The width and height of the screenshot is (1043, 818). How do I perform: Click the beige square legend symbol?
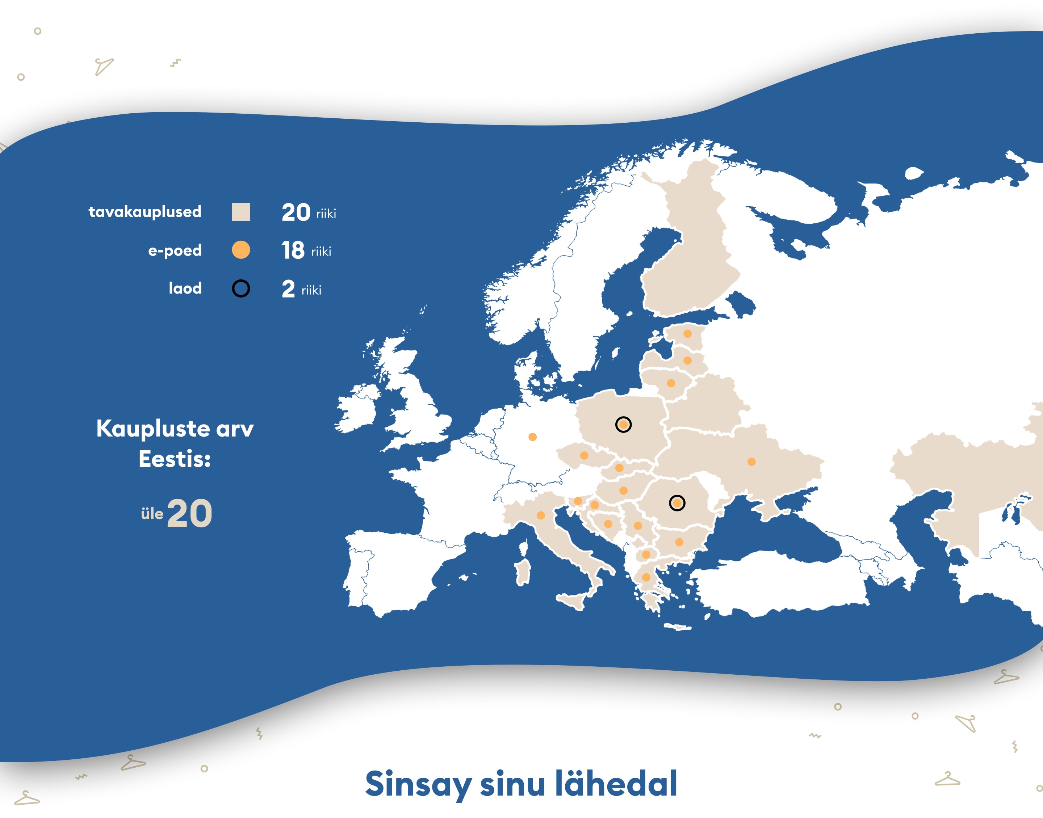pyautogui.click(x=240, y=212)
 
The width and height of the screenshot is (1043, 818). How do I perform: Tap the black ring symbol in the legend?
pyautogui.click(x=240, y=288)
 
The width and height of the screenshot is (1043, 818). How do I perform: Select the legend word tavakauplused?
pyautogui.click(x=145, y=212)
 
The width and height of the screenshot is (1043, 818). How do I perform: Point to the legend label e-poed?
pyautogui.click(x=175, y=250)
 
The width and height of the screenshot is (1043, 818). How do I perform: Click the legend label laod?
pyautogui.click(x=185, y=288)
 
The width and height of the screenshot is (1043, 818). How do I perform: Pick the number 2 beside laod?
pyautogui.click(x=288, y=289)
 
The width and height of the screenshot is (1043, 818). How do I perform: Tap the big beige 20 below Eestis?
pyautogui.click(x=190, y=513)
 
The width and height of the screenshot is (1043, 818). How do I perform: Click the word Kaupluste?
pyautogui.click(x=153, y=428)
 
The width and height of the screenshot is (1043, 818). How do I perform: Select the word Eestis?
pyautogui.click(x=175, y=459)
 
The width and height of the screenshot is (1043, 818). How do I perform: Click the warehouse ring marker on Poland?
pyautogui.click(x=623, y=424)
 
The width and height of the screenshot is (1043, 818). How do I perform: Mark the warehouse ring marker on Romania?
pyautogui.click(x=677, y=503)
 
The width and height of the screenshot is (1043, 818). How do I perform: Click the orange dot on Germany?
pyautogui.click(x=532, y=437)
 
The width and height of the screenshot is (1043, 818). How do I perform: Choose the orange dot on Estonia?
pyautogui.click(x=687, y=333)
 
